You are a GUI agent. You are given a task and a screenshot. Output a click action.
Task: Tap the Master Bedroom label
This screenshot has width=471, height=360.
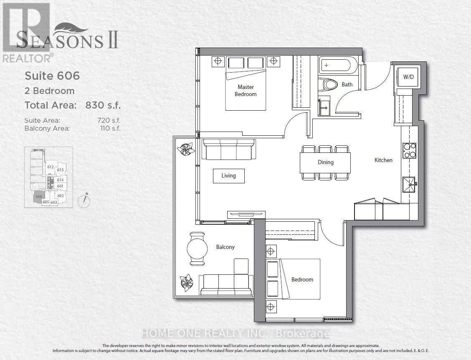[246, 91]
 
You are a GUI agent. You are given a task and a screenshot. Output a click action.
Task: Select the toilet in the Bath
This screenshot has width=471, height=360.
[328, 85]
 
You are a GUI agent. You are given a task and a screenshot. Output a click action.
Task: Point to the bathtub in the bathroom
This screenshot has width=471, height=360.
[338, 66]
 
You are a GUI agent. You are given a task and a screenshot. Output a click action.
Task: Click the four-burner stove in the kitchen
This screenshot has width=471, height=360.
[409, 150]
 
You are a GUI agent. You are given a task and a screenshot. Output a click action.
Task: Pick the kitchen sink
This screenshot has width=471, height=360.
[409, 184]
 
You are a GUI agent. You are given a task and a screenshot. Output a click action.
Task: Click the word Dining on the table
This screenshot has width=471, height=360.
[325, 162]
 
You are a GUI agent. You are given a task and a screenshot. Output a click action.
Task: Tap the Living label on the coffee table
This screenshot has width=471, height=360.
[228, 176]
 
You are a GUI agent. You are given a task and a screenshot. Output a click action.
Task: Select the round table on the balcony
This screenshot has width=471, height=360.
[197, 249]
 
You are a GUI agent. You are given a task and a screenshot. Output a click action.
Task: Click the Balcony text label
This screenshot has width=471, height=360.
[225, 247]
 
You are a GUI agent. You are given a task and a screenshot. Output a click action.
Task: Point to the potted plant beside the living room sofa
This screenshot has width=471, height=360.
[185, 149]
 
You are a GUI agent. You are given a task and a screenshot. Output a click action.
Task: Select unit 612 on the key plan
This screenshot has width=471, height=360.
[51, 167]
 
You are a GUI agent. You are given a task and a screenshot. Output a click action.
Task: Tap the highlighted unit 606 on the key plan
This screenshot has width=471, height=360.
[39, 197]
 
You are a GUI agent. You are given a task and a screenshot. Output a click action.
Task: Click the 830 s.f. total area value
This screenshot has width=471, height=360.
[103, 105]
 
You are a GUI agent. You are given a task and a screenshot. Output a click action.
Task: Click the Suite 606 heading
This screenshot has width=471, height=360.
[52, 76]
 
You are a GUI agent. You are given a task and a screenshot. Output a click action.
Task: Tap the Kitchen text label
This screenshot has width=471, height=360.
[383, 160]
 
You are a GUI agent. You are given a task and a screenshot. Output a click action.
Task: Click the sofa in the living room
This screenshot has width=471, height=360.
[228, 149]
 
